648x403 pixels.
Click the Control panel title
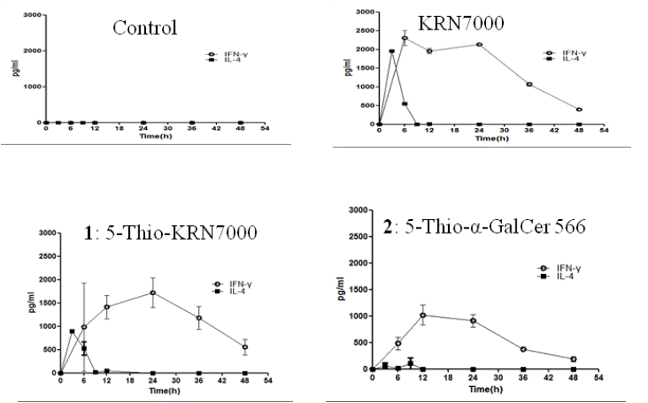[145, 27]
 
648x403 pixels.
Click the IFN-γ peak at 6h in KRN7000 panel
[405, 39]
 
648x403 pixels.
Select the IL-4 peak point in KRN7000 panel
[392, 51]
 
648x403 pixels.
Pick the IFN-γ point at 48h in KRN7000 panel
[579, 110]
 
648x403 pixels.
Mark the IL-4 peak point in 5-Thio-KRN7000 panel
[73, 331]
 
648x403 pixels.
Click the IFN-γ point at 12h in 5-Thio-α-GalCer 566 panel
[423, 315]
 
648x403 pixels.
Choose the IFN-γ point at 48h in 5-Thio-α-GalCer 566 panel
[573, 359]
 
